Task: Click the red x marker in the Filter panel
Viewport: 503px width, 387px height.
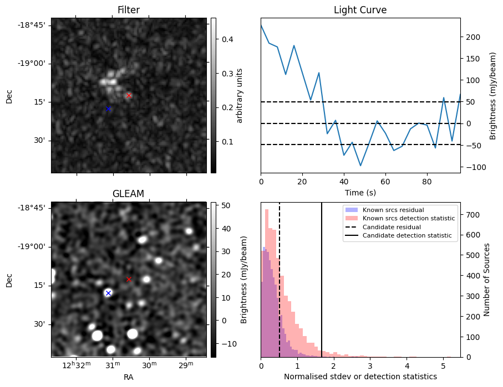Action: pos(129,95)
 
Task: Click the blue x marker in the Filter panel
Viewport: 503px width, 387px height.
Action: pos(109,109)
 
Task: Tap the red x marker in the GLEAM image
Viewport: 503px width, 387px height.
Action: pos(129,279)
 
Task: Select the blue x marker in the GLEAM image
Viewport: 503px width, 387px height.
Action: pos(109,293)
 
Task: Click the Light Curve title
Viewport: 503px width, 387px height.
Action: pos(360,10)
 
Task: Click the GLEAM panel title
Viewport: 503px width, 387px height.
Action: pos(128,194)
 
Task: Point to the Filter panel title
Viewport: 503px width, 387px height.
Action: pos(128,10)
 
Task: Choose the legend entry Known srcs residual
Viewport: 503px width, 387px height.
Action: pos(393,210)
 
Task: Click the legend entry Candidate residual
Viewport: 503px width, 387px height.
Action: pos(391,227)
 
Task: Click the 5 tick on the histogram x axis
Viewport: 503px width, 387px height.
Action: pos(443,365)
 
